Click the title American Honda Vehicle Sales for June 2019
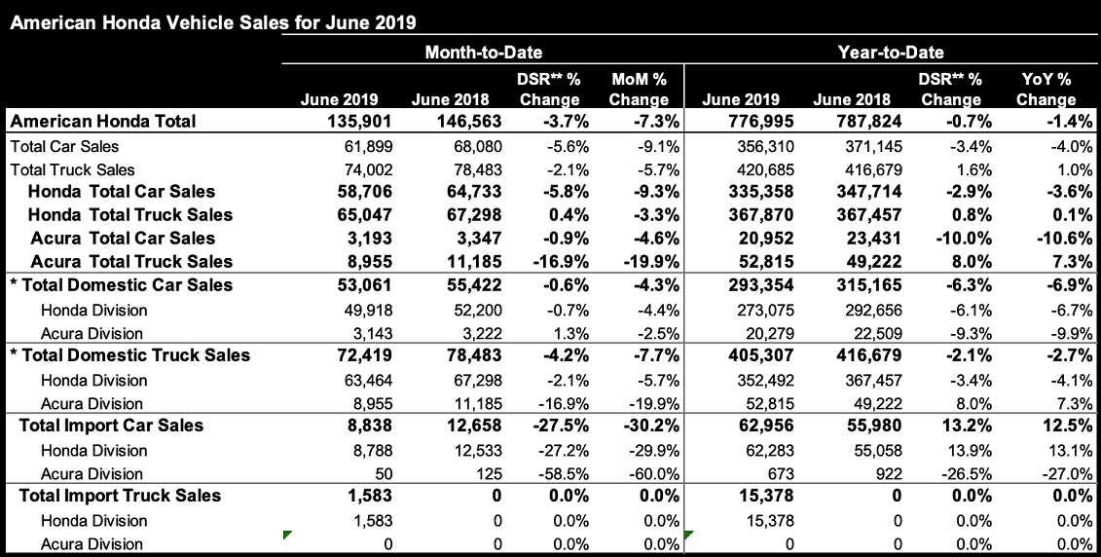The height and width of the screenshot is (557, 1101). click(213, 22)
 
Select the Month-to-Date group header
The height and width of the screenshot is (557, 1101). click(483, 52)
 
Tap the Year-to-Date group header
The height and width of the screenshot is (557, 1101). click(891, 52)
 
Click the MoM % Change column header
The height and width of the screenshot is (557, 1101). click(639, 89)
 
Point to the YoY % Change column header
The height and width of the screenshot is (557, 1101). click(1046, 89)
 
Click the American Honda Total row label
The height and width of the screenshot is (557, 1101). click(103, 121)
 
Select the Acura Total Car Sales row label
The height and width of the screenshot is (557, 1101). click(123, 239)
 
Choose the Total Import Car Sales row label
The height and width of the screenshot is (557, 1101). click(111, 426)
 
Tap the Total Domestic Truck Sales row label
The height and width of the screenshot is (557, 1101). click(130, 355)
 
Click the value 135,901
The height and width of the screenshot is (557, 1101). click(359, 122)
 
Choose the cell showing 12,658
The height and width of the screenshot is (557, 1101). click(470, 426)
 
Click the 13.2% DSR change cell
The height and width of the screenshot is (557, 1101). click(967, 426)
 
